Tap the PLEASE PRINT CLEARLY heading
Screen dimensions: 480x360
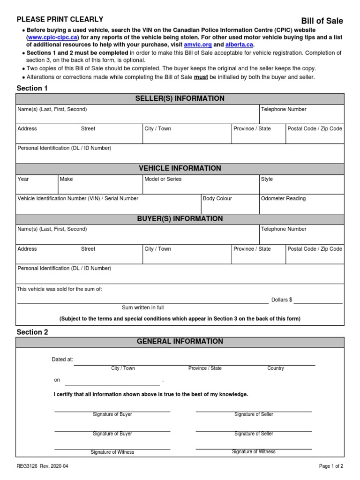(x=60, y=19)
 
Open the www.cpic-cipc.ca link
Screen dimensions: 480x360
(x=52, y=37)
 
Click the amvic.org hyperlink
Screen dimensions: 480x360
(x=198, y=45)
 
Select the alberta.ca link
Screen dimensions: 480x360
(x=239, y=45)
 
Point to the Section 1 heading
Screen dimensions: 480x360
(x=32, y=88)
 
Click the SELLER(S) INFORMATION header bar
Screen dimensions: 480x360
(x=180, y=98)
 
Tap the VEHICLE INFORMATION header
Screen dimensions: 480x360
(x=180, y=168)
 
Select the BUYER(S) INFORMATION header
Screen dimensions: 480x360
(x=180, y=219)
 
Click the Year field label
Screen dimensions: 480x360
(x=23, y=179)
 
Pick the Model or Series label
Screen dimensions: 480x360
(x=163, y=179)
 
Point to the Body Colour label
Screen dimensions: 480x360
(x=217, y=199)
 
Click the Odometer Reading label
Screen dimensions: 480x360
(x=283, y=199)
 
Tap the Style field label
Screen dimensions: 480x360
(x=267, y=179)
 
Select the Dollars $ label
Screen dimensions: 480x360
(x=282, y=300)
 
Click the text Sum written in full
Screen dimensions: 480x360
(x=143, y=307)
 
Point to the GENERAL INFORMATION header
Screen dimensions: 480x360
(x=180, y=342)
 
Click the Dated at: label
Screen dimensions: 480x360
(x=62, y=360)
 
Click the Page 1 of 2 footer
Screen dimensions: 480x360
(x=331, y=466)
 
